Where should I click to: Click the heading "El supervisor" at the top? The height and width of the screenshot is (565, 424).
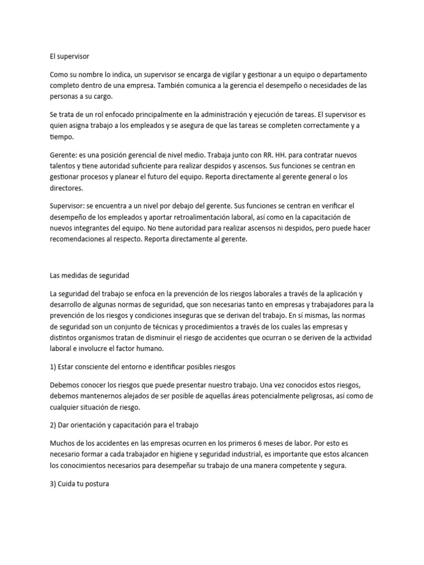pyautogui.click(x=69, y=56)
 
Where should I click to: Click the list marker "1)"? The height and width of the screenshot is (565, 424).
pyautogui.click(x=53, y=366)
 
